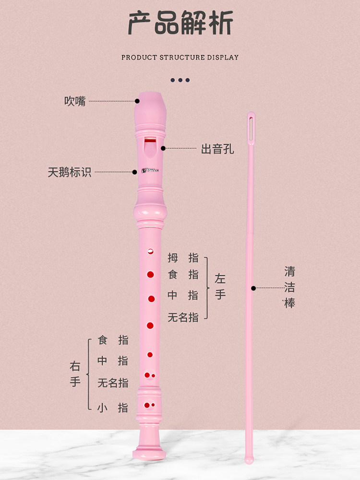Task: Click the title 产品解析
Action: point(180,23)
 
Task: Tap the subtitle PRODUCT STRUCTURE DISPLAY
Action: point(180,57)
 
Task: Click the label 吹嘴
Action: point(75,101)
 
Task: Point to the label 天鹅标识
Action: point(70,172)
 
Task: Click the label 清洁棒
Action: point(289,287)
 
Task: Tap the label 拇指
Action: point(183,258)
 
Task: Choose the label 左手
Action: point(220,287)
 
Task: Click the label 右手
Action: point(75,374)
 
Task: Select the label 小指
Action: point(113,408)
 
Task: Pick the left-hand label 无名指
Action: point(183,317)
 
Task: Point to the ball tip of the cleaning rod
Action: point(249,459)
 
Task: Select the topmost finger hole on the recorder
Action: point(150,251)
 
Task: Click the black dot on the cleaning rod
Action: point(253,288)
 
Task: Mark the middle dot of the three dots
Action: point(180,80)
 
